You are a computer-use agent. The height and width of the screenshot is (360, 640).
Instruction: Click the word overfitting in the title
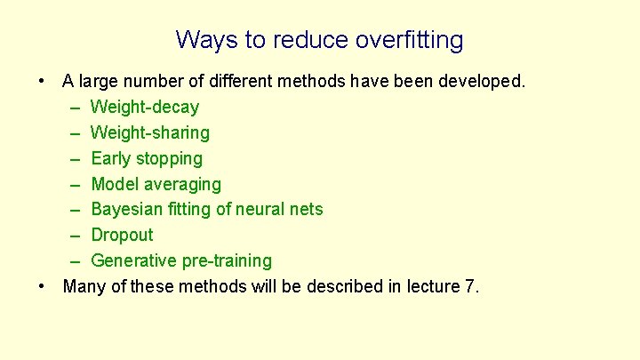[409, 41]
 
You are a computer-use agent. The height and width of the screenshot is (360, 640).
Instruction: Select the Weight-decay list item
[145, 108]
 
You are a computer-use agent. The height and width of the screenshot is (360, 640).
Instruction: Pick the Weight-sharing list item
[150, 133]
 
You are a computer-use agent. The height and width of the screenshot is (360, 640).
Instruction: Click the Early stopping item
[147, 159]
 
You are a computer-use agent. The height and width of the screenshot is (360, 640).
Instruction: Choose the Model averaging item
[156, 185]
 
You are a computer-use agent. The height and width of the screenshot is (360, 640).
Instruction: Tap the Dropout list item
[123, 236]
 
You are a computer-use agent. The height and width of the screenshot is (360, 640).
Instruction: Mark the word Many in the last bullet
[84, 287]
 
